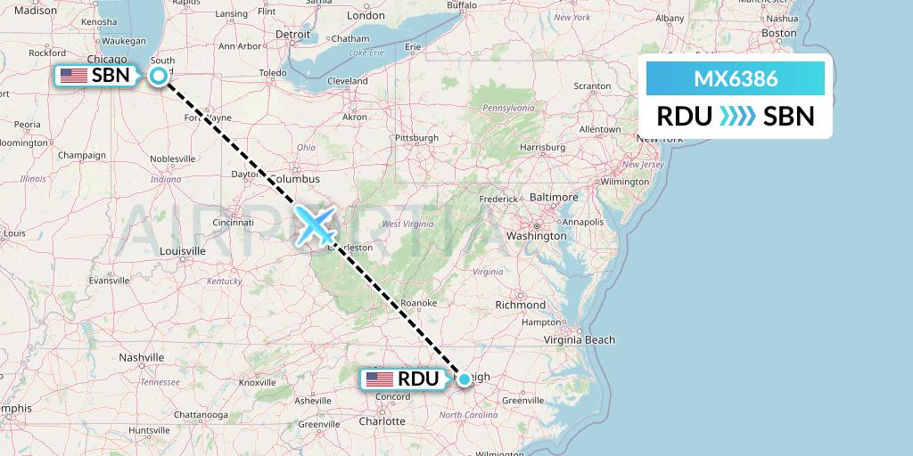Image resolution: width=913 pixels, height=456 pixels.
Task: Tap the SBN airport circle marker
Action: [159, 76]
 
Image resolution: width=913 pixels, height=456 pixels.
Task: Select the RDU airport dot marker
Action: [464, 379]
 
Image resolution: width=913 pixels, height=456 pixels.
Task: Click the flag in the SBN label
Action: [73, 76]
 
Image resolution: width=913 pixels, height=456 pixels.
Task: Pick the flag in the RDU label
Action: [379, 379]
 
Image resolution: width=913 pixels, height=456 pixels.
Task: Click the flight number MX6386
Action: [736, 79]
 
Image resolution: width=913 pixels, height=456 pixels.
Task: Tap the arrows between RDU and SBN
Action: [736, 116]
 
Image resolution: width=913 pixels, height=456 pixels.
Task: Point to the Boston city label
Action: [779, 33]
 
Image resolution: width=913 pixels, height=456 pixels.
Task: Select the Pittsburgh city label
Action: [418, 138]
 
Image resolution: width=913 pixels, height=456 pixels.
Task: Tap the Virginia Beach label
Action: [580, 339]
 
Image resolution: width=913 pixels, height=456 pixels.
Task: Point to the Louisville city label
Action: [183, 251]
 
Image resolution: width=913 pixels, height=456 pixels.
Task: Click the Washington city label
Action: [536, 236]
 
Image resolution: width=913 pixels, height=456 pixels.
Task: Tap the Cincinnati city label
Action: [233, 223]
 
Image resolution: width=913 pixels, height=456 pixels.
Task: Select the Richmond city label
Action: [520, 305]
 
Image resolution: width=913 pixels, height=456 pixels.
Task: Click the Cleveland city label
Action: [347, 81]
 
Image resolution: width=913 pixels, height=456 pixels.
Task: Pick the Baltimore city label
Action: [554, 198]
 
